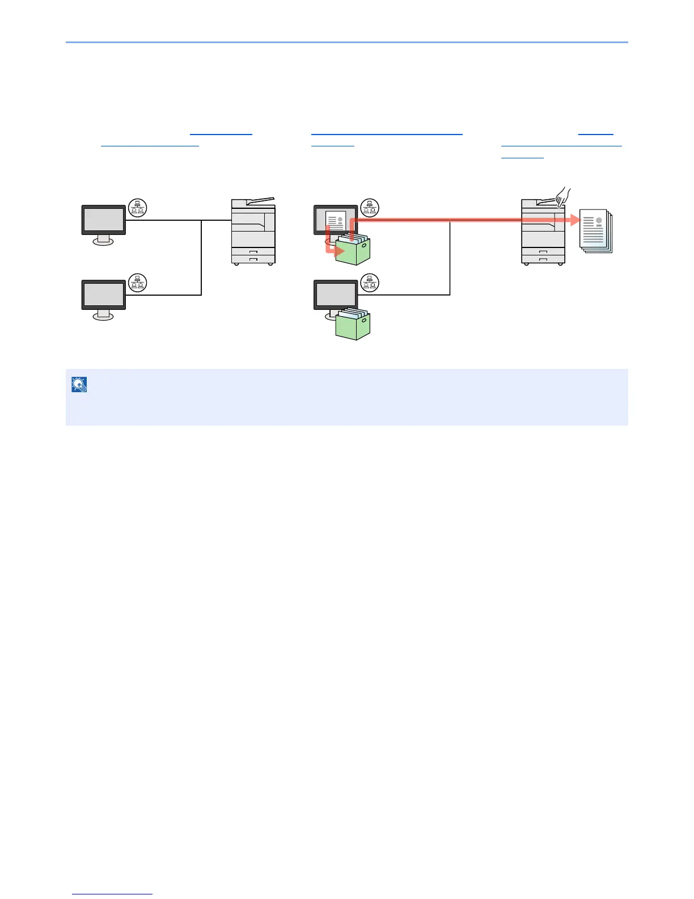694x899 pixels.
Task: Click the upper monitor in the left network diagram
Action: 104,220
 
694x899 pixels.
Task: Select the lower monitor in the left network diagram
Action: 104,295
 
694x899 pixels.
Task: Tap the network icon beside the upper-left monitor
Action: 137,208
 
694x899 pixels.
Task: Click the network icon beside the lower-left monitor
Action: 137,283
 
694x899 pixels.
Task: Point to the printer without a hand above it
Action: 253,233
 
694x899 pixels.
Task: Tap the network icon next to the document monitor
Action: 370,208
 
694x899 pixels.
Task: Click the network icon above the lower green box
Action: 370,283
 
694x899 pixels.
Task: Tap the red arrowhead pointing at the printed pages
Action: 575,220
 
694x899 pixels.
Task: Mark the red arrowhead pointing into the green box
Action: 339,250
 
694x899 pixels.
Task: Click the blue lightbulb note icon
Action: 79,385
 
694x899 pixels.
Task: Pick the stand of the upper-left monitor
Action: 103,240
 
